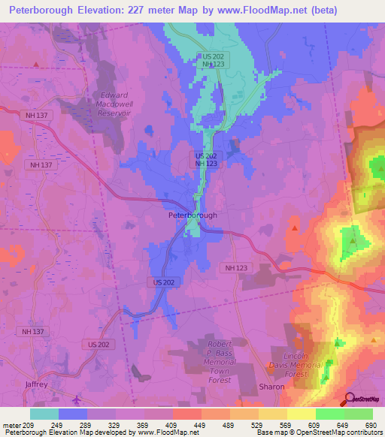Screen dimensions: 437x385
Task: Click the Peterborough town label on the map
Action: [192, 215]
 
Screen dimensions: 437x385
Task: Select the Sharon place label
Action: [271, 387]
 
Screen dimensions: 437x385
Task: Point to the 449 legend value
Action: [202, 426]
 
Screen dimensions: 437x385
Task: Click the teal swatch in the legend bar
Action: [44, 414]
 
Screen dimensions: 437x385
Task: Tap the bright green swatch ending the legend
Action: [358, 414]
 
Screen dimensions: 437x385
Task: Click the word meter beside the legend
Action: [14, 426]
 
